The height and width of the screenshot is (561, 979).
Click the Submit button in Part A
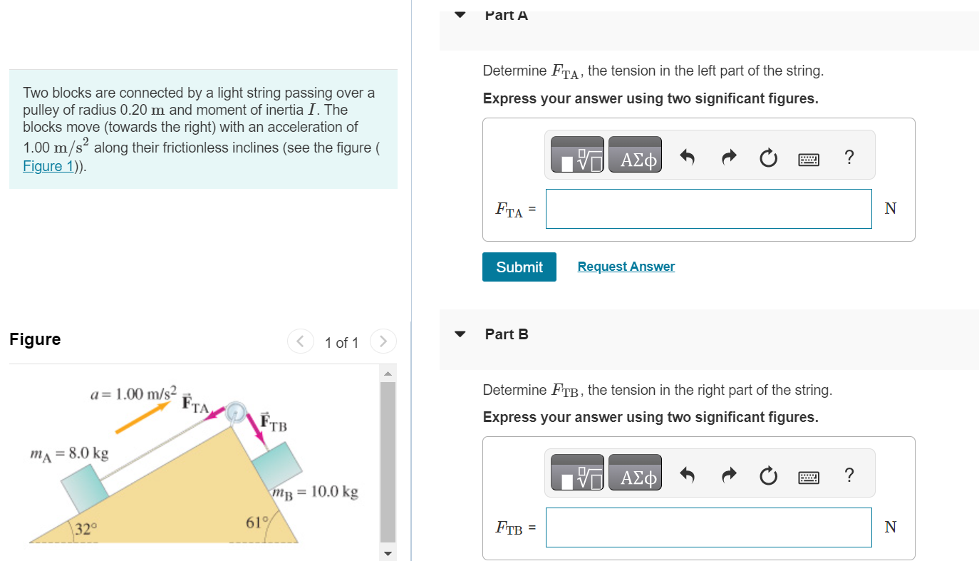tap(519, 267)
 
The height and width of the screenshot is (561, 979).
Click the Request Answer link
tap(626, 267)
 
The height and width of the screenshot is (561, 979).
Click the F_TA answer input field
tap(708, 209)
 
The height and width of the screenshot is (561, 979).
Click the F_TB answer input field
tap(708, 527)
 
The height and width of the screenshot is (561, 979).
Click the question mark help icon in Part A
tap(848, 158)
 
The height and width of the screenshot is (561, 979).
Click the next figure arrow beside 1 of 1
tap(383, 342)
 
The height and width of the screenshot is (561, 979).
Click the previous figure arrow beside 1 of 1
tap(300, 342)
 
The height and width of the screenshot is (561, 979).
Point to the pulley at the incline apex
tap(236, 412)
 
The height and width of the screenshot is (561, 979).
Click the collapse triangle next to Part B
tap(460, 334)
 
